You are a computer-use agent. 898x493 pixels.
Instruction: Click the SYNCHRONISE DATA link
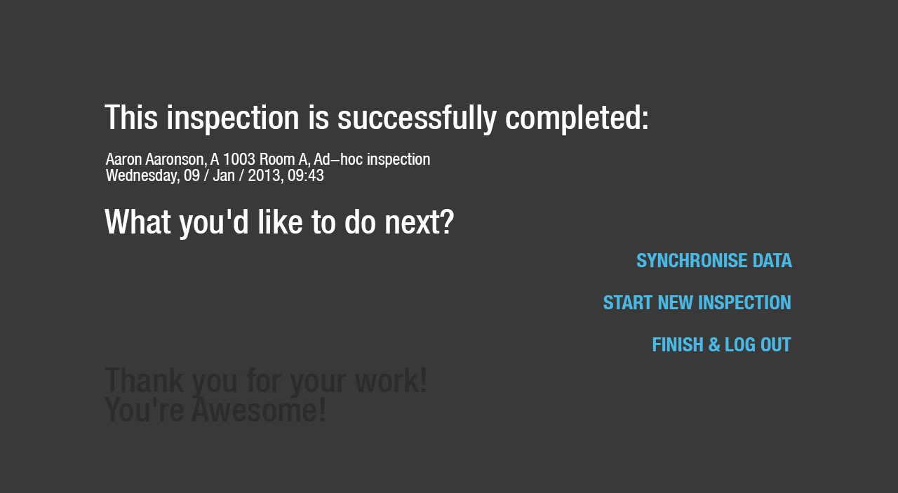(714, 261)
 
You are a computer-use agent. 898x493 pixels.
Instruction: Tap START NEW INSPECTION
(697, 303)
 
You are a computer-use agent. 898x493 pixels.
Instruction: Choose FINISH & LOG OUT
(722, 345)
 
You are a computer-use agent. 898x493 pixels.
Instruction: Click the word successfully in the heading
(417, 119)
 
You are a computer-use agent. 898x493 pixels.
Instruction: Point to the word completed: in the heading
(577, 119)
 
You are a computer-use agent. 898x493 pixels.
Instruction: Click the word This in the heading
(131, 118)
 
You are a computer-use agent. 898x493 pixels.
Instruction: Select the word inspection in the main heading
(233, 119)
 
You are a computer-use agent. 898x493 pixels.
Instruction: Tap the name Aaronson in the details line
(176, 159)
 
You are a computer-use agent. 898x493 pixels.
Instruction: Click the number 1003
(239, 159)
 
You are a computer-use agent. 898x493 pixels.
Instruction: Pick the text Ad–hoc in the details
(338, 159)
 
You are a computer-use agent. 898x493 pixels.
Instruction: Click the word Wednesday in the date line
(142, 176)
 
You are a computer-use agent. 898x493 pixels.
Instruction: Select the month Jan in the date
(224, 175)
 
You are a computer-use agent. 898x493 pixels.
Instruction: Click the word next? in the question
(420, 222)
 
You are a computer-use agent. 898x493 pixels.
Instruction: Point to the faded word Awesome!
(259, 410)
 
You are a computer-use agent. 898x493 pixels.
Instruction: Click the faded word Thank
(145, 380)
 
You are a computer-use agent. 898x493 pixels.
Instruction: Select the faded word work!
(391, 380)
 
